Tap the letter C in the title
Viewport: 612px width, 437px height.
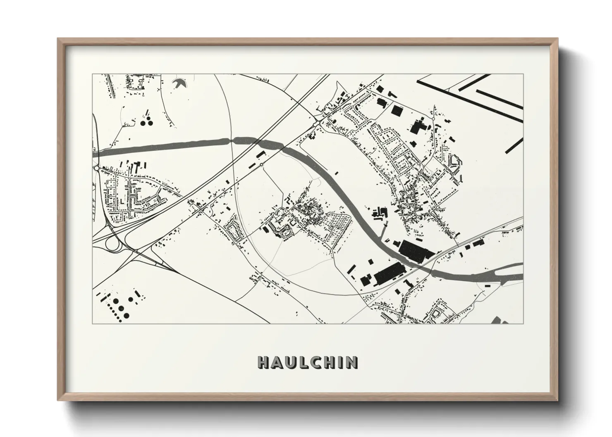click(318, 362)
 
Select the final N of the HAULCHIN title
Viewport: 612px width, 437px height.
click(352, 362)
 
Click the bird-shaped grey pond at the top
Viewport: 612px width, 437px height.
click(181, 83)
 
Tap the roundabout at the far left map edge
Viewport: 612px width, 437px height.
click(96, 169)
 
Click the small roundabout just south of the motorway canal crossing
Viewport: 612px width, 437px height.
click(261, 165)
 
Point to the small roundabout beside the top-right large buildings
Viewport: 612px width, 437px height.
click(433, 119)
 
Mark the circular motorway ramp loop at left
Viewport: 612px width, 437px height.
click(112, 244)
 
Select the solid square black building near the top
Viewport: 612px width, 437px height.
click(397, 110)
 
